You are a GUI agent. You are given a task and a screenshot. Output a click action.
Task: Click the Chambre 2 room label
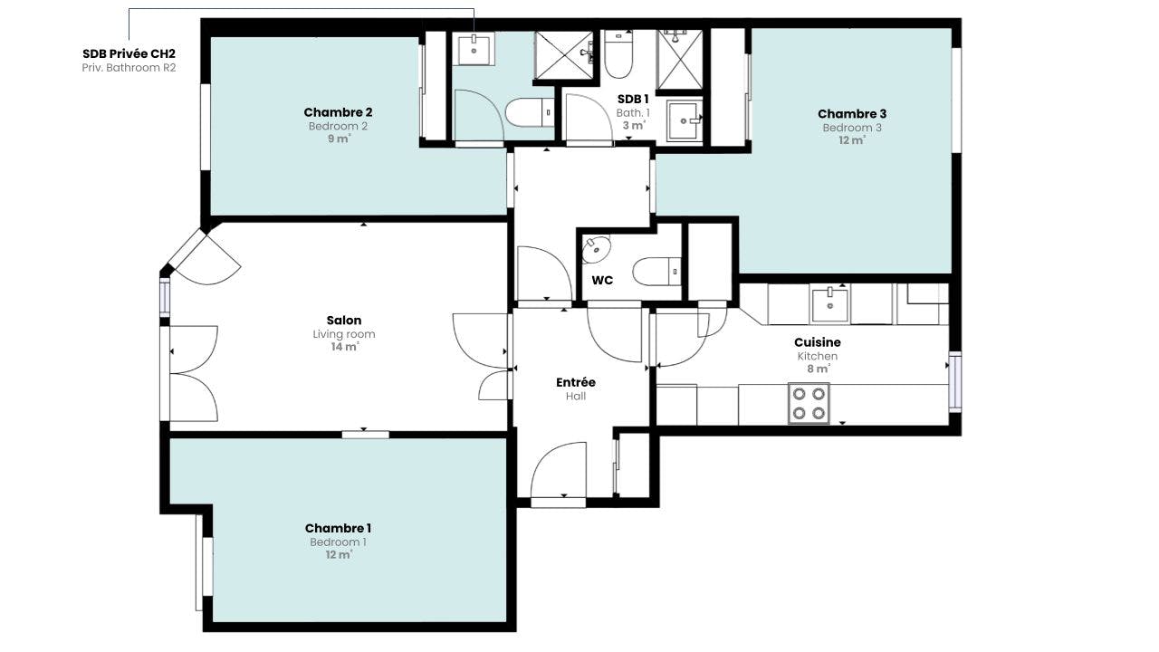(x=338, y=112)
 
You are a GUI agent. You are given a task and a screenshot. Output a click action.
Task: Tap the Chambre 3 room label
(x=852, y=114)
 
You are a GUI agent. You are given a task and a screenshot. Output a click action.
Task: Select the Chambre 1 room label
(x=338, y=528)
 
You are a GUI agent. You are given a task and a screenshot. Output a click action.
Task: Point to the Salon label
(x=343, y=321)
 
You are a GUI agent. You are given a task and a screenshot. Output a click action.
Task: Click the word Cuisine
(x=818, y=342)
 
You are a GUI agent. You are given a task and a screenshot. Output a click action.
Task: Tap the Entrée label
(x=575, y=382)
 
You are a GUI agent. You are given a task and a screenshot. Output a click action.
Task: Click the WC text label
(x=602, y=281)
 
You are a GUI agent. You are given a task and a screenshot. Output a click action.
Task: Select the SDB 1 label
(x=633, y=99)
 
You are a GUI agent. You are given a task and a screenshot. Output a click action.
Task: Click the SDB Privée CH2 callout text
(x=129, y=53)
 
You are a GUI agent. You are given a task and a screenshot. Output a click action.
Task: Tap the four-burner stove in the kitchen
(x=809, y=404)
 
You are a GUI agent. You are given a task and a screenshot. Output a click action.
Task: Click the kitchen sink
(x=830, y=305)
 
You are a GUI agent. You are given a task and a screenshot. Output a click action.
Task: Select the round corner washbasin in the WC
(x=596, y=249)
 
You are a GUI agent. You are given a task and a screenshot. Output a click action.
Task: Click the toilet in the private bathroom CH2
(x=530, y=113)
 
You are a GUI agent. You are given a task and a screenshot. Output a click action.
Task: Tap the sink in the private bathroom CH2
(x=474, y=49)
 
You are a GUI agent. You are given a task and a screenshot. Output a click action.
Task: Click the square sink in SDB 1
(x=685, y=121)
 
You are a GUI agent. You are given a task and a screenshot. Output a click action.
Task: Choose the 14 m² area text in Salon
(x=345, y=346)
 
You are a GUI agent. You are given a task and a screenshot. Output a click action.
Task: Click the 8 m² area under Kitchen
(x=819, y=369)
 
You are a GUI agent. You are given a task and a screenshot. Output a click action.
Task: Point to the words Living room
(x=344, y=334)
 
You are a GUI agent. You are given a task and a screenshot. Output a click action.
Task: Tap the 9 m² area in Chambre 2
(x=339, y=139)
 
